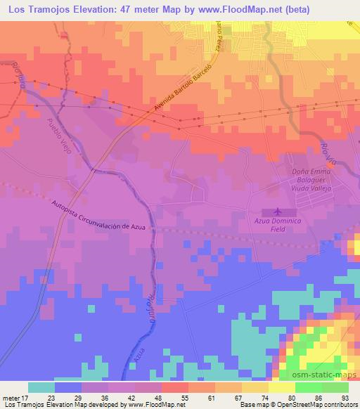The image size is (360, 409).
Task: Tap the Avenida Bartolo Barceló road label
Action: [x=180, y=93]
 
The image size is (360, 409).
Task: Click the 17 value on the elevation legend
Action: [x=26, y=397]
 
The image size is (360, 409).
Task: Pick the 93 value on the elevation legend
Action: [x=345, y=397]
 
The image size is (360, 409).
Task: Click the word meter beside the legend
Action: [x=10, y=397]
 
